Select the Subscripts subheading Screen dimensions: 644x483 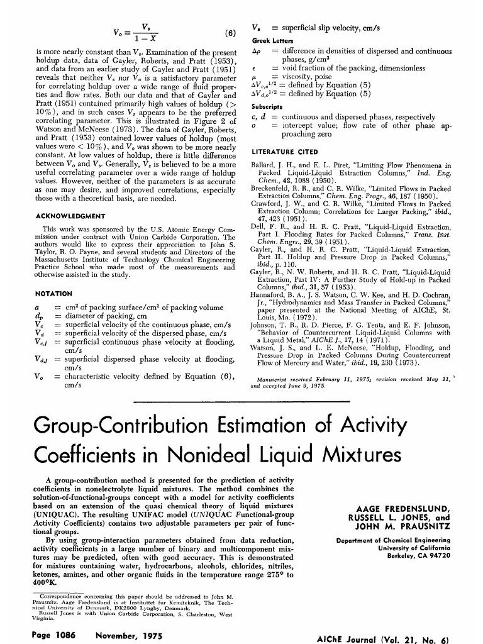click(x=267, y=107)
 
